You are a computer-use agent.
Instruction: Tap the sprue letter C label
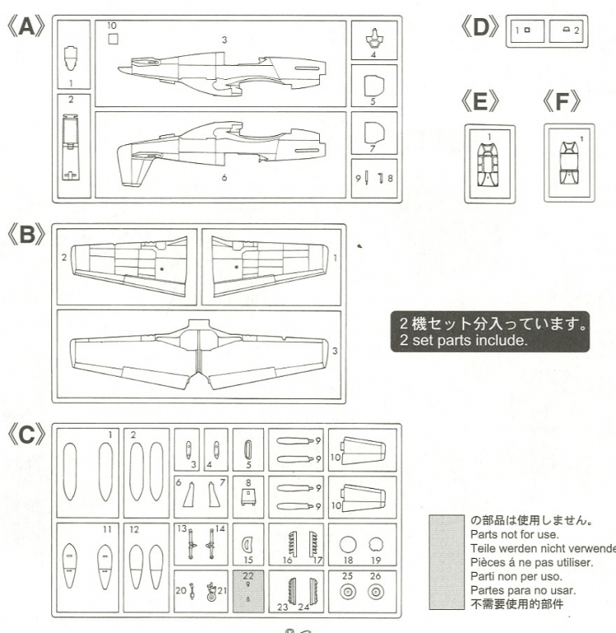(27, 434)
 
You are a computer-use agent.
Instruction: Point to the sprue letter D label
(480, 27)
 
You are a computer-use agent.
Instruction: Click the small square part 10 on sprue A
(113, 38)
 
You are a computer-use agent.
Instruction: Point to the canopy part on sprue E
(489, 163)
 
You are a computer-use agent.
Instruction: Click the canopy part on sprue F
(568, 161)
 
